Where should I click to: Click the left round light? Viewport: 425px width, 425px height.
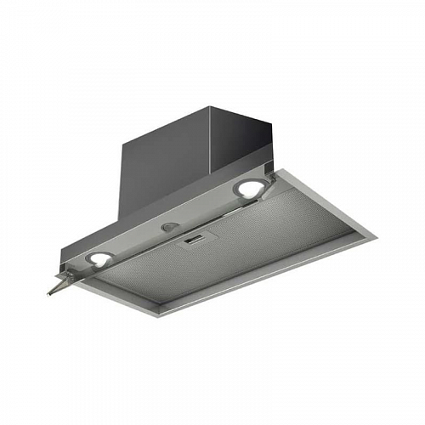[x=101, y=259]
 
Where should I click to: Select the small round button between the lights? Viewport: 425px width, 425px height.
[x=171, y=228]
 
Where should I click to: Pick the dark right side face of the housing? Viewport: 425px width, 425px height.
[x=246, y=140]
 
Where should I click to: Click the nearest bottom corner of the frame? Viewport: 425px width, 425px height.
[x=158, y=314]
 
